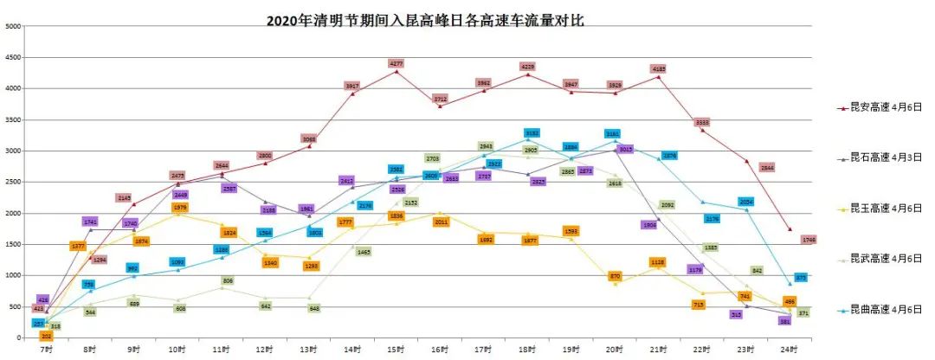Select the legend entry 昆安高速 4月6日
[886, 108]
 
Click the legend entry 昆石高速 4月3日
[886, 158]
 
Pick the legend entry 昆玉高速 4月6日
[886, 209]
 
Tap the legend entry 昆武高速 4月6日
[886, 259]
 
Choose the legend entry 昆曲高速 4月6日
[886, 309]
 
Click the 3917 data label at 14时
[352, 86]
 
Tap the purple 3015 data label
[626, 150]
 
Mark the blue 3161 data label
[613, 134]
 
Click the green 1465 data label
[364, 252]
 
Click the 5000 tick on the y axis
[13, 26]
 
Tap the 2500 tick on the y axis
[13, 182]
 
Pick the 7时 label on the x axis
[47, 349]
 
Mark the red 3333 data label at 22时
[702, 122]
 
